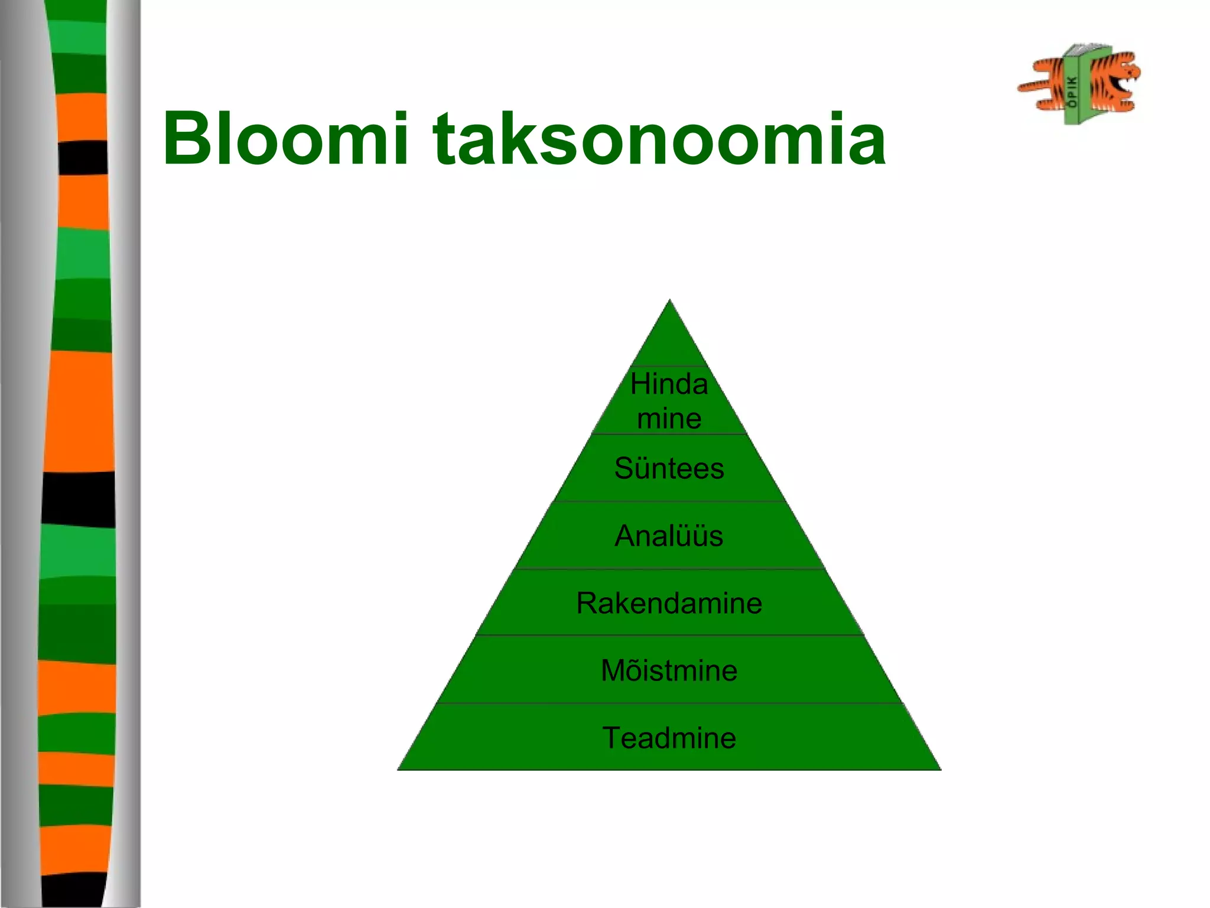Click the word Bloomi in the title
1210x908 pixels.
pos(286,140)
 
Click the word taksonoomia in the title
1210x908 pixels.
pos(659,140)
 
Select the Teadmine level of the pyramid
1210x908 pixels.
pos(669,738)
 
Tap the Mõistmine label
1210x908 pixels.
pos(669,670)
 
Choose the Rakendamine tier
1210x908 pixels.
pos(669,604)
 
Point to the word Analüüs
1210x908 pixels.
pos(669,536)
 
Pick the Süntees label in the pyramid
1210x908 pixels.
pos(669,469)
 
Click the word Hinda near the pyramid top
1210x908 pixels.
pos(669,384)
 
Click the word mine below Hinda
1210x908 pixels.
pos(669,419)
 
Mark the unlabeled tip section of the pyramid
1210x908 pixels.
pos(669,343)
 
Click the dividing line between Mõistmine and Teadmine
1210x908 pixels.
pos(669,703)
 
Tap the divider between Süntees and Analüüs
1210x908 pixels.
pos(669,501)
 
